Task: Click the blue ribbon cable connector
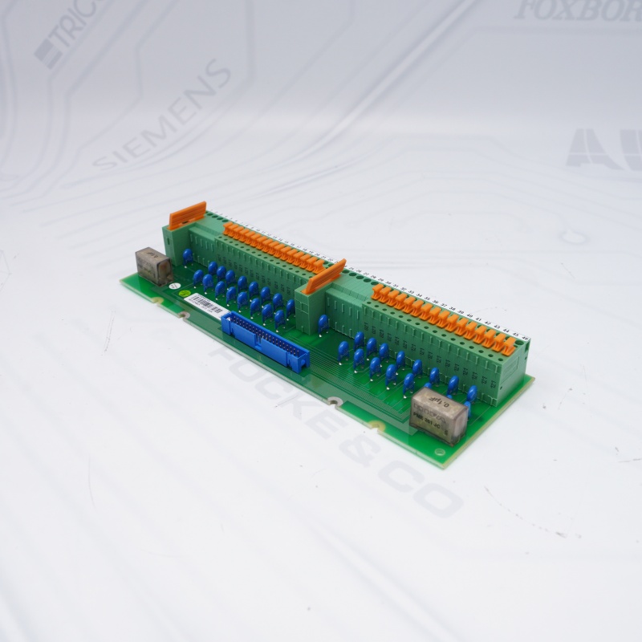tap(265, 340)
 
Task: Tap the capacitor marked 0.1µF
tap(437, 412)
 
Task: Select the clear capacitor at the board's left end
tap(152, 262)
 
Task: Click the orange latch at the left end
tap(188, 215)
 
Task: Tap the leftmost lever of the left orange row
tap(228, 230)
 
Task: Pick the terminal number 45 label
tap(517, 335)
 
